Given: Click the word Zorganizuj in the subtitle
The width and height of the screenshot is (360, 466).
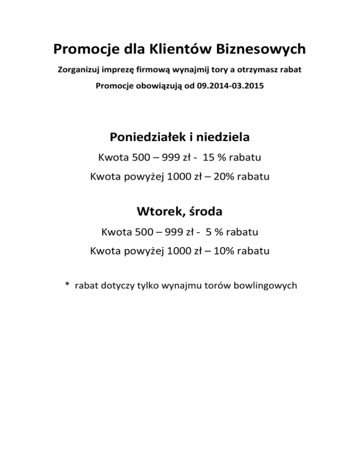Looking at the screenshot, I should pyautogui.click(x=77, y=71).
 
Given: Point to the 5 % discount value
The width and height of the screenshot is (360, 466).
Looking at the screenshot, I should pyautogui.click(x=217, y=232).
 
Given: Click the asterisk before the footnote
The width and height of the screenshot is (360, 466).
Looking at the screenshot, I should pyautogui.click(x=67, y=285).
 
